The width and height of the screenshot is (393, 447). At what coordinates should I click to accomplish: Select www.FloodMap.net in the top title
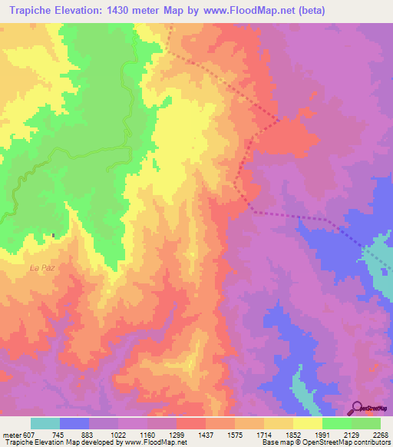245,11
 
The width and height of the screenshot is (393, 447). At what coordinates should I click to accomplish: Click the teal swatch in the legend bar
45,423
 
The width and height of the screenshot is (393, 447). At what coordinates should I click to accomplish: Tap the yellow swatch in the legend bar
308,423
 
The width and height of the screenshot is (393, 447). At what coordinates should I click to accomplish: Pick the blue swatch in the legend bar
74,423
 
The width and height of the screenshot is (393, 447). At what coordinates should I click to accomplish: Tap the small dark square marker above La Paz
54,235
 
